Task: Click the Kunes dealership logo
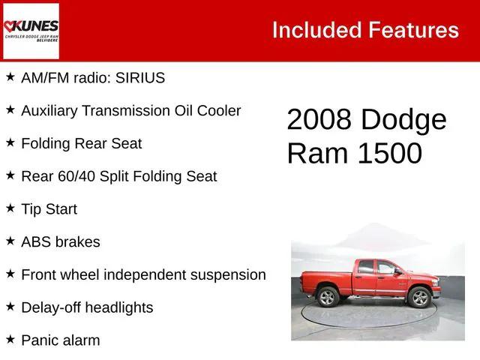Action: [x=31, y=31]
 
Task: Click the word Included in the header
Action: [x=316, y=30]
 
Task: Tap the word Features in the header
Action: [x=413, y=30]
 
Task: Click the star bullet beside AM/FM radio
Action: [x=10, y=77]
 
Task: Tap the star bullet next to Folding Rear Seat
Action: [x=10, y=142]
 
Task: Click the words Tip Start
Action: [x=49, y=209]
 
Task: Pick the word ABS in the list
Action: [x=36, y=242]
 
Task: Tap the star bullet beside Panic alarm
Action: [x=10, y=340]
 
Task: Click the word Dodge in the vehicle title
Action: [x=403, y=120]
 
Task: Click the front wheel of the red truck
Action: [x=420, y=298]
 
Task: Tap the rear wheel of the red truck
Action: [x=328, y=298]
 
